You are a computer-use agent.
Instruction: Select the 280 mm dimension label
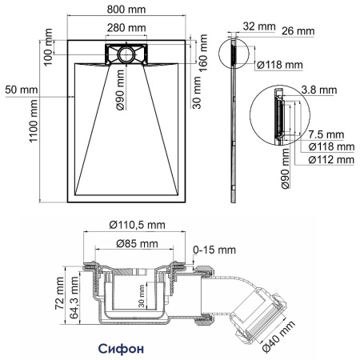pos(126,28)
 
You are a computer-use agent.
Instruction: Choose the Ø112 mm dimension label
pos(330,160)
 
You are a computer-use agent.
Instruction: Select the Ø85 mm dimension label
pos(133,243)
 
